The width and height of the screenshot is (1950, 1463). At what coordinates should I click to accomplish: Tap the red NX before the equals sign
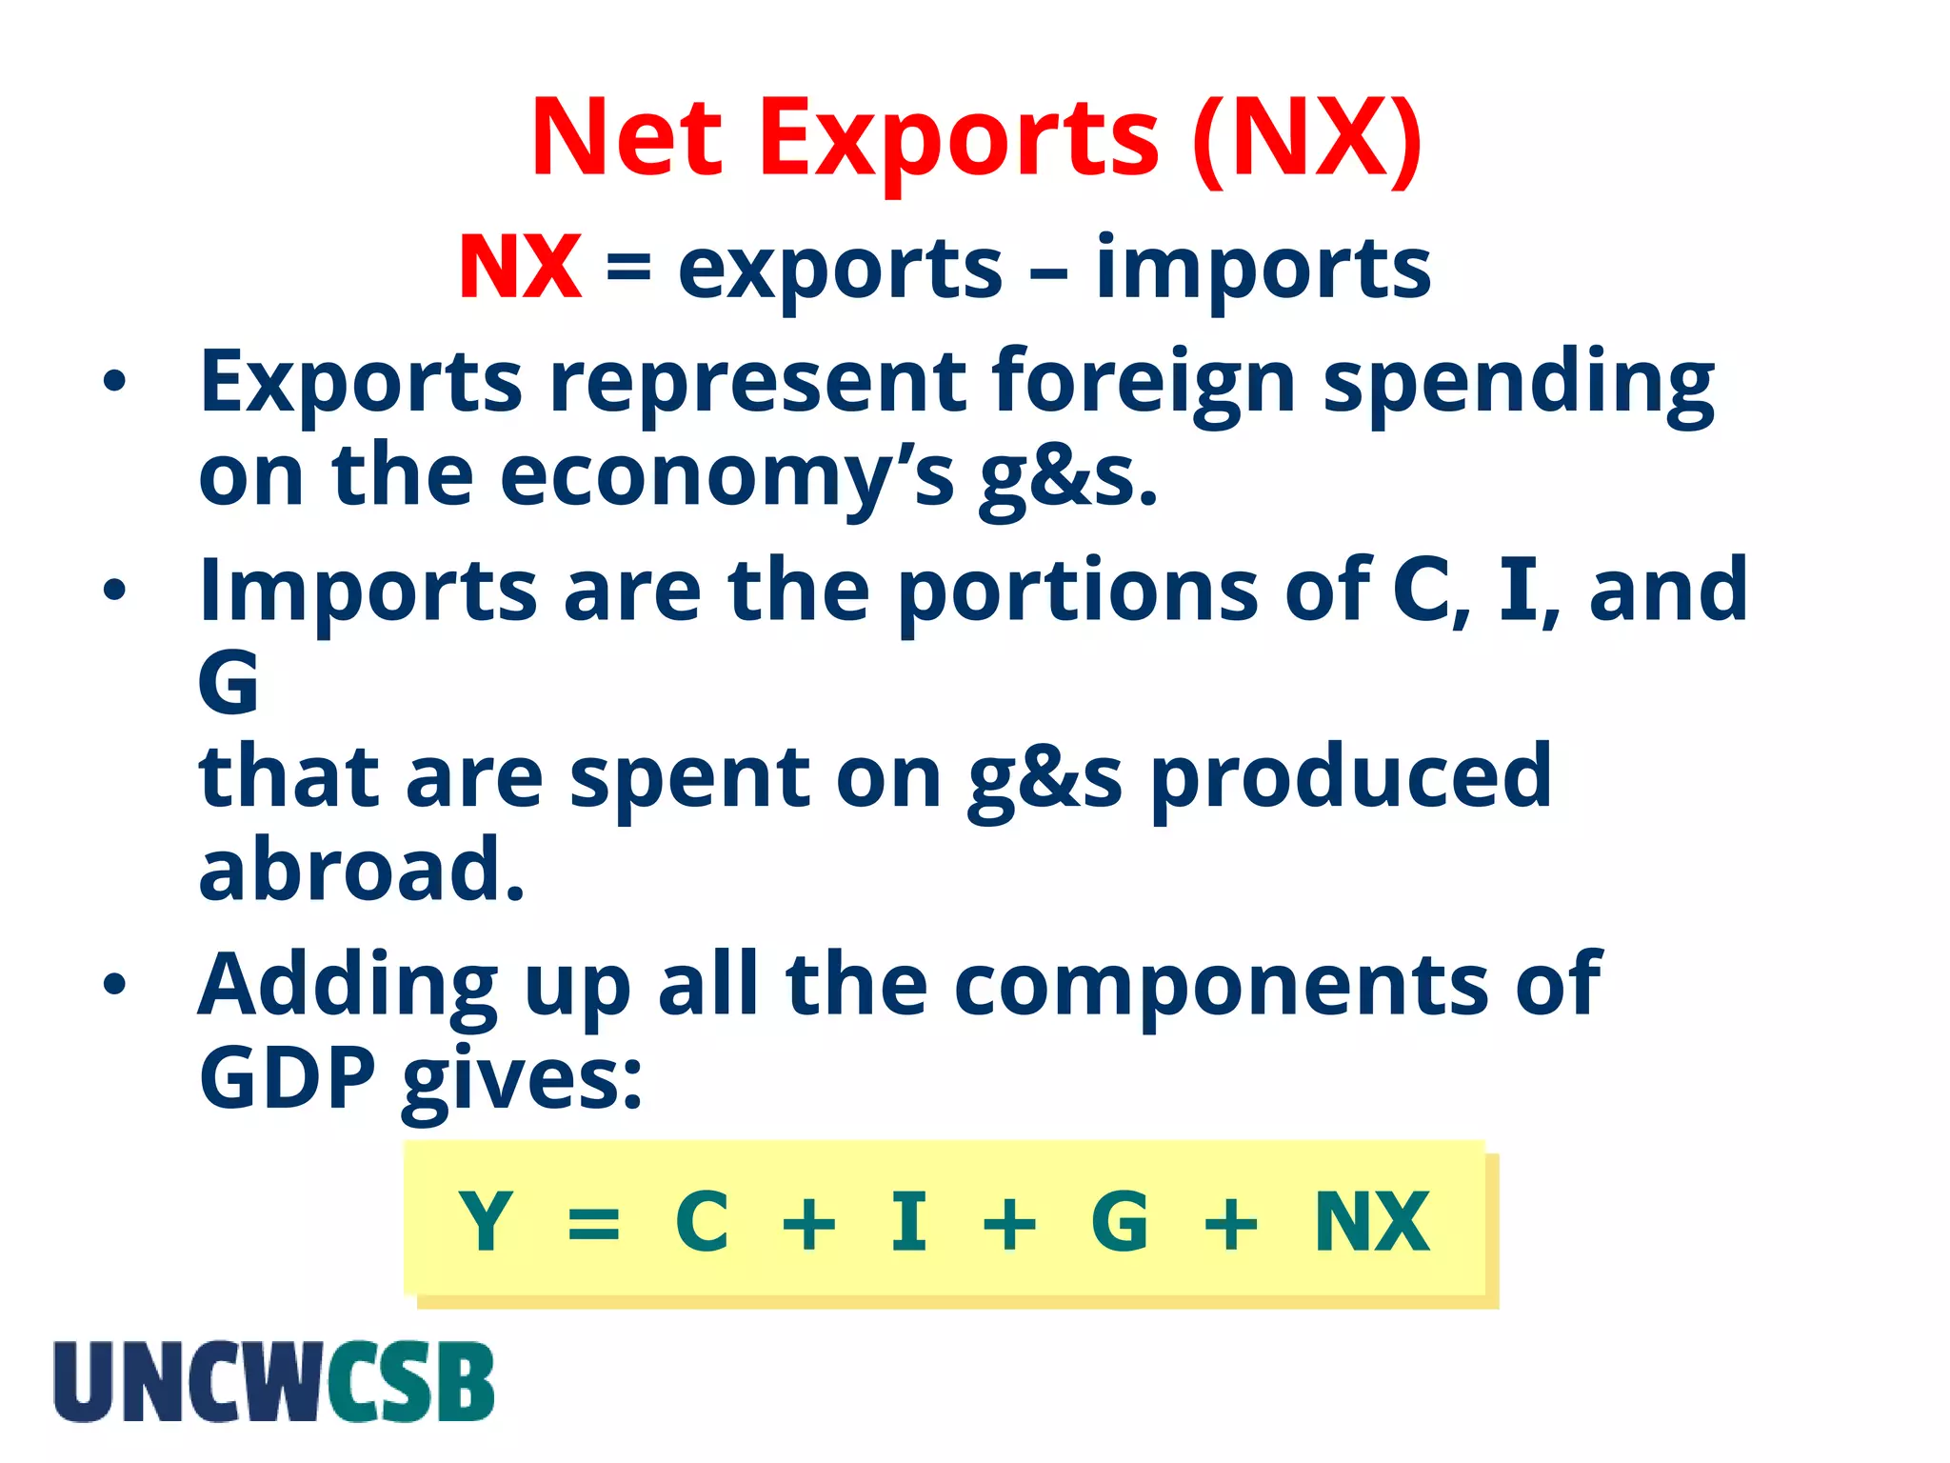point(520,269)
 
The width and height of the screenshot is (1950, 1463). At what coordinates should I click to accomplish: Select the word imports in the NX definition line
point(1264,269)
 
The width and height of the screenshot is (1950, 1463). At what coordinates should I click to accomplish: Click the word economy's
point(726,476)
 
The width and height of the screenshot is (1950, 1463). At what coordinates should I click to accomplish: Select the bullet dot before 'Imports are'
point(114,591)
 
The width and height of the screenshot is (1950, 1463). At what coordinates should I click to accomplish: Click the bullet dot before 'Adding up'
point(114,985)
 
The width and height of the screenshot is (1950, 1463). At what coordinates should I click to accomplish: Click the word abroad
point(362,869)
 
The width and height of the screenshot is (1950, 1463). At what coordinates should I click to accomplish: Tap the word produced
point(1351,777)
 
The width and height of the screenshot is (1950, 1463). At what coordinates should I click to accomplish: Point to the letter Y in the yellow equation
point(485,1222)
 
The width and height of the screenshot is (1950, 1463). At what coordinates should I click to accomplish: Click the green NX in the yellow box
point(1371,1222)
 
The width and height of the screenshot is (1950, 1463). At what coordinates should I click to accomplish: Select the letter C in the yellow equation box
point(702,1222)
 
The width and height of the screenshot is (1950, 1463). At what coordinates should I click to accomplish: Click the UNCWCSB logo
point(274,1382)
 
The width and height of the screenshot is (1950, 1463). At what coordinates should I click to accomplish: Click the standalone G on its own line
point(229,683)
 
